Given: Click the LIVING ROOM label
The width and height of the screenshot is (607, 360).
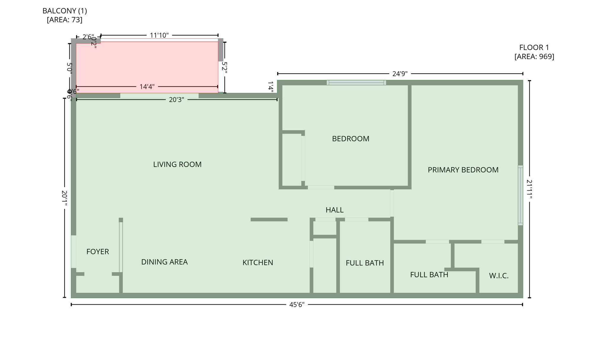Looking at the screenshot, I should [x=177, y=164].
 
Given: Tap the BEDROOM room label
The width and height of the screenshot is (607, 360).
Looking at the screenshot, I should [x=350, y=139].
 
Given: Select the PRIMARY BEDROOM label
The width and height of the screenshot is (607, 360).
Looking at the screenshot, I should [x=463, y=170].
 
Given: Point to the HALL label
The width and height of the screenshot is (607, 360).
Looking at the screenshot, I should [x=334, y=210].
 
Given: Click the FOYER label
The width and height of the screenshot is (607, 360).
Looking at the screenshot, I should [x=98, y=252].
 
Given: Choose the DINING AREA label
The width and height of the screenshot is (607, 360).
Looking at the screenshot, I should [x=164, y=262].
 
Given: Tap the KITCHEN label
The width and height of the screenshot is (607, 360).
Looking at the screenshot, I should [x=258, y=262].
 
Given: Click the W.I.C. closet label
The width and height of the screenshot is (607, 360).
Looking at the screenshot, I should [x=499, y=276].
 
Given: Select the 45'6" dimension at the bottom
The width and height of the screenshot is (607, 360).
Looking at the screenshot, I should [x=297, y=305].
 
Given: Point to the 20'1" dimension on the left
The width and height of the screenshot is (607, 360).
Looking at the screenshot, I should [x=64, y=198].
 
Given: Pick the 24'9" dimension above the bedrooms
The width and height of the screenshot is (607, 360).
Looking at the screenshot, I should [x=400, y=74].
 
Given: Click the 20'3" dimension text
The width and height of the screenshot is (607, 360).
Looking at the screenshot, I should [x=176, y=100].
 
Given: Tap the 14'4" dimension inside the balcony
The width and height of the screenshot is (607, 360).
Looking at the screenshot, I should [x=147, y=87].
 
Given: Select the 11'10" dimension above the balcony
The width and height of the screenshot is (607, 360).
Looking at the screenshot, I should [x=159, y=35].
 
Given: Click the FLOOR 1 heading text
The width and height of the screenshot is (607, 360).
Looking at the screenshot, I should [x=534, y=47].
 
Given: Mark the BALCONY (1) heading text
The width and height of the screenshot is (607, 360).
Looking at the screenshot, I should [x=65, y=11].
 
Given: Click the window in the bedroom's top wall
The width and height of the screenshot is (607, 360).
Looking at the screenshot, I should [x=356, y=83].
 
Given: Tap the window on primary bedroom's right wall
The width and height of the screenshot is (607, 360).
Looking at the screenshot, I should [x=520, y=195].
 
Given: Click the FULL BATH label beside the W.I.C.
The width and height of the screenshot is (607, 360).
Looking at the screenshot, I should [x=429, y=275].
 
